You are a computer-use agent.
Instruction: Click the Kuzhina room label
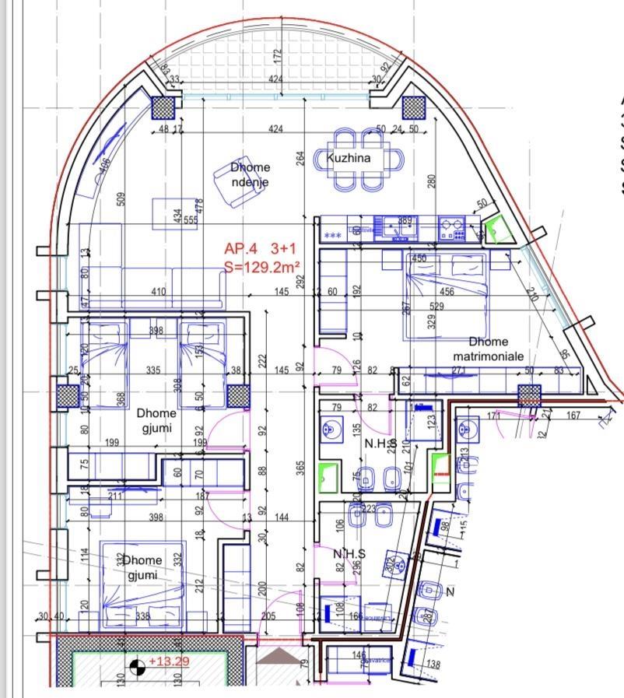(349, 158)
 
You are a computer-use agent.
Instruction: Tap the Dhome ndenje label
(251, 175)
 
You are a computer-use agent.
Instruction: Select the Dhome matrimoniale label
(489, 348)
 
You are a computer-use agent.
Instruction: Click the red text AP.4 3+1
(260, 249)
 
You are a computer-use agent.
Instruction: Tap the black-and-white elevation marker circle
(137, 666)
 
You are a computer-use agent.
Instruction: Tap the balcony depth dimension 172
(277, 57)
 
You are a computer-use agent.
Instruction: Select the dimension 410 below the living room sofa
(159, 293)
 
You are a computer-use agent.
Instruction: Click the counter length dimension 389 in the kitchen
(405, 221)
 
